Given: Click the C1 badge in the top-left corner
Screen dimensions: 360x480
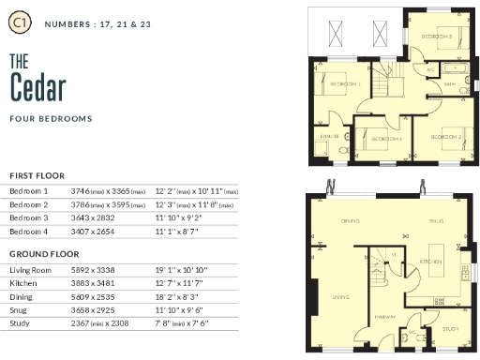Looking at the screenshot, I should pyautogui.click(x=20, y=20).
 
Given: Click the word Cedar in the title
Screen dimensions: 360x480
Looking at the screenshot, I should pyautogui.click(x=38, y=87).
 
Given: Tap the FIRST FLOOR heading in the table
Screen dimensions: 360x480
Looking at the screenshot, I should pyautogui.click(x=37, y=175).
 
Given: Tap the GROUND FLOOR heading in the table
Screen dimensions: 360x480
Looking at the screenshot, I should pyautogui.click(x=42, y=254).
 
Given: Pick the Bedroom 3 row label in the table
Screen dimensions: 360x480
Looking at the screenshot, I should pyautogui.click(x=28, y=217).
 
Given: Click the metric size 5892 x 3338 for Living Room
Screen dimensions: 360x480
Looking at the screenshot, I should pyautogui.click(x=101, y=270).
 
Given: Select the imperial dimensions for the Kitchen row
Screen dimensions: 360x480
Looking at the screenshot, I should pyautogui.click(x=180, y=283).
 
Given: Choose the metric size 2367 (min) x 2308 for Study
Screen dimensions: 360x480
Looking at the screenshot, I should pyautogui.click(x=105, y=322).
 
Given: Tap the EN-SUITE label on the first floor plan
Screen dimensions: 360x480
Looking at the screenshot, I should pyautogui.click(x=329, y=136).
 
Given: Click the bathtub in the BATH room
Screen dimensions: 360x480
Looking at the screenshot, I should pyautogui.click(x=457, y=70).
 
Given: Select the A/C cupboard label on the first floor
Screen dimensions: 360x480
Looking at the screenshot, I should pyautogui.click(x=431, y=69).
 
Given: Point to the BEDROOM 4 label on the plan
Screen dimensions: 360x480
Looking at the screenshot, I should pyautogui.click(x=386, y=139).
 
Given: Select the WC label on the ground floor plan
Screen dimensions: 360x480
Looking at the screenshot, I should pyautogui.click(x=410, y=332).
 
